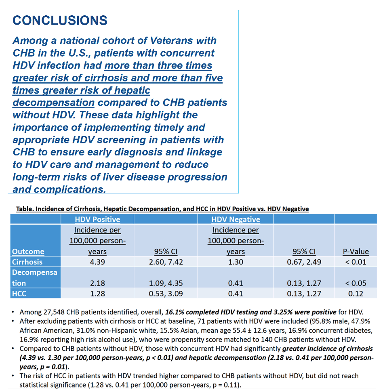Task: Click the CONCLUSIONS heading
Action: pyautogui.click(x=60, y=20)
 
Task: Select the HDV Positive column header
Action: pyautogui.click(x=97, y=219)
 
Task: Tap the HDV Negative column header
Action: pyautogui.click(x=236, y=219)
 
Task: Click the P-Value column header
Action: pyautogui.click(x=356, y=251)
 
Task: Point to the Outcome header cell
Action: pyautogui.click(x=28, y=251)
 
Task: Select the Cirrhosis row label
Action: pyautogui.click(x=27, y=262)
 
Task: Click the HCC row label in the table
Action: pyautogui.click(x=19, y=293)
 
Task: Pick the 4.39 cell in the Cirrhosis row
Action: pyautogui.click(x=97, y=262)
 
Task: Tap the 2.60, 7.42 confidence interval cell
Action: pyautogui.click(x=166, y=262)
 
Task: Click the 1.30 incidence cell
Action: pyautogui.click(x=236, y=262)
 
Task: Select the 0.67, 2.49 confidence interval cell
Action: pyautogui.click(x=304, y=262)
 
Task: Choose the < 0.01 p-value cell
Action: pyautogui.click(x=356, y=262)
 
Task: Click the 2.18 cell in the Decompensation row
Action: pyautogui.click(x=97, y=283)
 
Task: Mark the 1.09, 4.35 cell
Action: pyautogui.click(x=166, y=283)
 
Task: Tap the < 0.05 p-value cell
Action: pyautogui.click(x=356, y=283)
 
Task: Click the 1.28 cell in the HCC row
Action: pyautogui.click(x=97, y=293)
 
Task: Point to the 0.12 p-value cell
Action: pyautogui.click(x=356, y=293)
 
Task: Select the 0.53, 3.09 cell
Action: pyautogui.click(x=166, y=293)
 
